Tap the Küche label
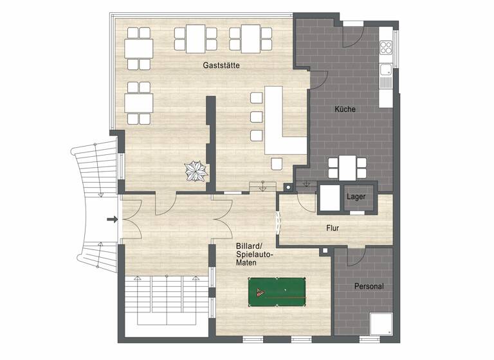tap(345, 109)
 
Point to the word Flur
tap(333, 228)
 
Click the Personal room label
tap(369, 287)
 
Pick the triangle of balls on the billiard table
tap(261, 293)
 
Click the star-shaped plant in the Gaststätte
tap(194, 172)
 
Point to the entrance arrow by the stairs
tap(113, 220)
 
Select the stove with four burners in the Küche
tap(387, 47)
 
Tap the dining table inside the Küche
tap(347, 168)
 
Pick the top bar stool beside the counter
tap(257, 98)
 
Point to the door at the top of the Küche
tap(353, 35)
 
